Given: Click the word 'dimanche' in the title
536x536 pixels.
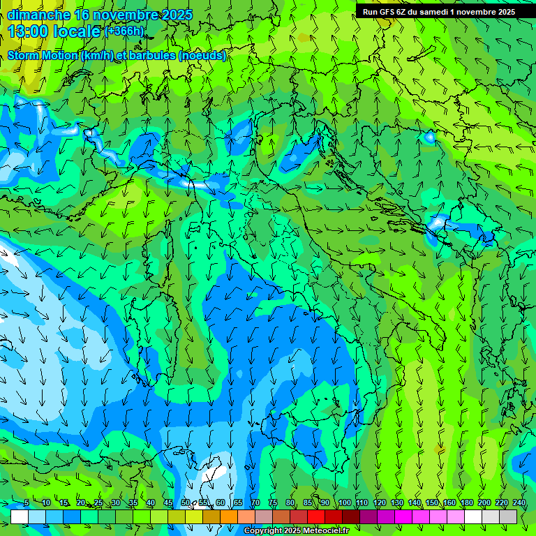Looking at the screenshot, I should [x=38, y=15].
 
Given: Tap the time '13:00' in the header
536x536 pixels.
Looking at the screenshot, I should [x=29, y=31].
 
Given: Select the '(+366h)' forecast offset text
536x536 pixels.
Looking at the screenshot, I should [x=125, y=31].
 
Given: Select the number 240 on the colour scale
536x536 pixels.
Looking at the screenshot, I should [x=519, y=502].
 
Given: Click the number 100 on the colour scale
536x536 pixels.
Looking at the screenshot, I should [x=344, y=502].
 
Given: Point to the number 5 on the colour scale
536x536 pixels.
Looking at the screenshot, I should [x=27, y=502].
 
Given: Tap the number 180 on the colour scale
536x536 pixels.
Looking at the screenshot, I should [x=466, y=502].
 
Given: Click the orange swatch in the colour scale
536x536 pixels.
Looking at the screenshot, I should [x=229, y=516].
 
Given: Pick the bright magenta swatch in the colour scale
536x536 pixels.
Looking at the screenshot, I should [x=403, y=516].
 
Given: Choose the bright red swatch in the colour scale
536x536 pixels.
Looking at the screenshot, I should [x=316, y=516].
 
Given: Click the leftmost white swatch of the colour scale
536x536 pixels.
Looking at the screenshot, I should [x=20, y=516].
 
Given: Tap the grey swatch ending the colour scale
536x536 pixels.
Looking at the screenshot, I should [x=508, y=516].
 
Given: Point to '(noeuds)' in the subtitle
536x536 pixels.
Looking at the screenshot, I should [x=202, y=56].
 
